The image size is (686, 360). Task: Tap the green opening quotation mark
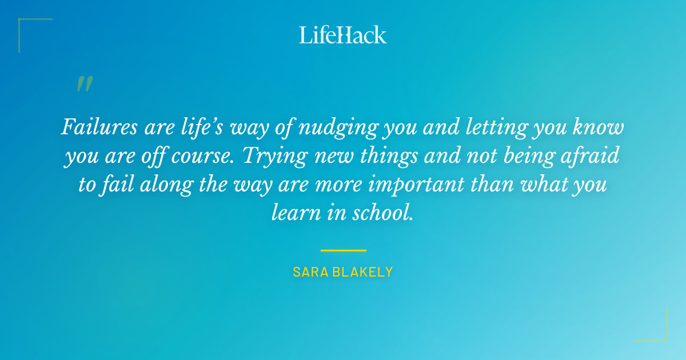point(85,84)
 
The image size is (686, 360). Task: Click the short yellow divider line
point(343,250)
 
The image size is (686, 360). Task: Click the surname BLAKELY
point(365,272)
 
